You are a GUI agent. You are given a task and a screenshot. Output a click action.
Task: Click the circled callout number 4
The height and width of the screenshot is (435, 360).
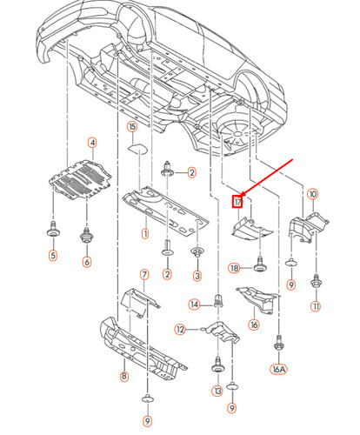92,143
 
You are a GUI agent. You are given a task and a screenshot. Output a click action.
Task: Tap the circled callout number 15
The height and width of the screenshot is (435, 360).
132,127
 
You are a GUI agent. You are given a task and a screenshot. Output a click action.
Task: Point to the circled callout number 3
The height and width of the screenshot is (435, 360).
197,277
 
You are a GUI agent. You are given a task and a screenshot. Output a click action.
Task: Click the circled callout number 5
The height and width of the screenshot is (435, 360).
52,256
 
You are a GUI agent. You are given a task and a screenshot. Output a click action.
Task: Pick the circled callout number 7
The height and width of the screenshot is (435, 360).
144,275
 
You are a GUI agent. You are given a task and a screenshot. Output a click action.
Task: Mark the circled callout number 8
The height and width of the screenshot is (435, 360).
124,377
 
